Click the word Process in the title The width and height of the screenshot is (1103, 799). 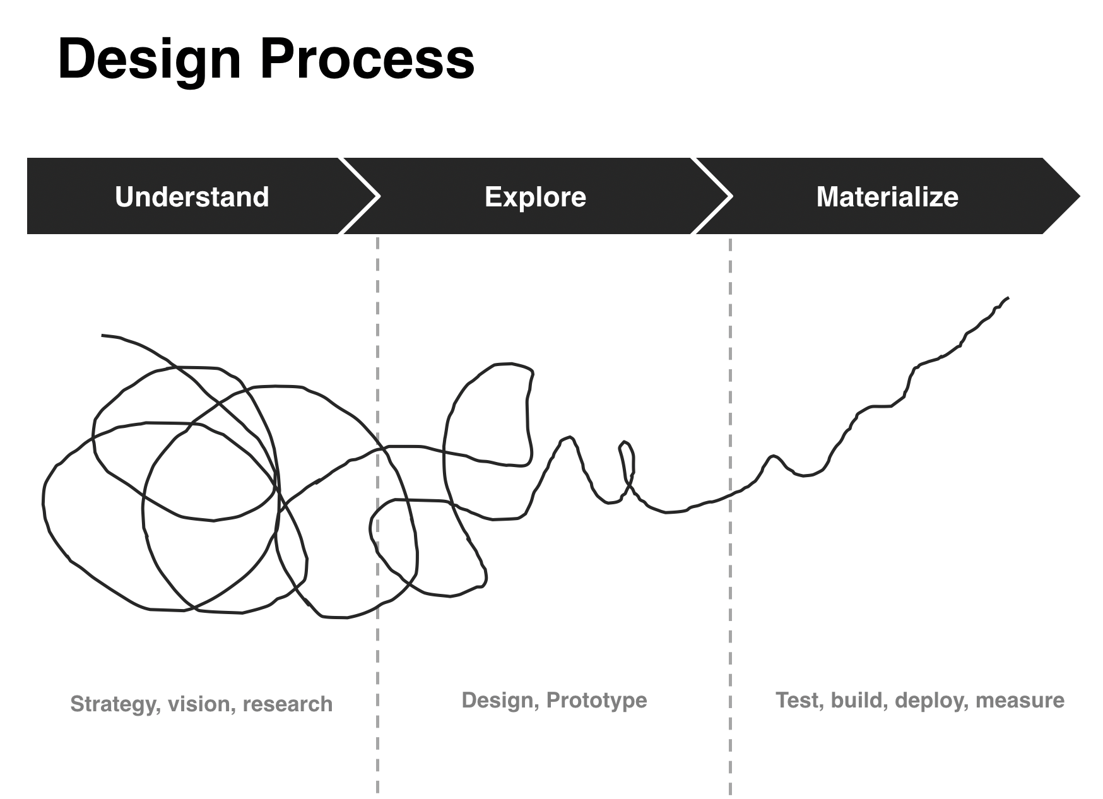click(x=367, y=59)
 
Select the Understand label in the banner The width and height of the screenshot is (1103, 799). click(x=192, y=197)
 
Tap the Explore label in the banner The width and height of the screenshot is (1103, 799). click(x=535, y=198)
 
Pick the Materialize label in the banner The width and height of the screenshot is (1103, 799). click(x=887, y=197)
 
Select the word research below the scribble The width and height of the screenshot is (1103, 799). click(x=288, y=704)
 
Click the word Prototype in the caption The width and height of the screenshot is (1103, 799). click(x=597, y=701)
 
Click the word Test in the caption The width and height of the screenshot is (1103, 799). click(x=800, y=701)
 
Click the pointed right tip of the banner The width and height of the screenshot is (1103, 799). click(x=1080, y=196)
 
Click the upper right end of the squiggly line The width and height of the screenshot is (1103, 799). click(x=1008, y=297)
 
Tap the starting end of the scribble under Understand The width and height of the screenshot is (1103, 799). click(x=102, y=335)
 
